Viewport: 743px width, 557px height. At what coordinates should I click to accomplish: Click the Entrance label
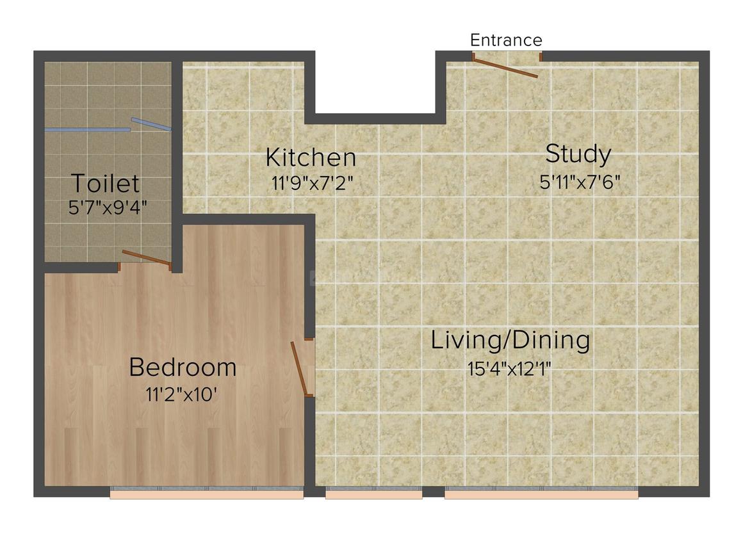(x=506, y=40)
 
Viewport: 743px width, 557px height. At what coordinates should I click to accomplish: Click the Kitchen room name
(x=311, y=157)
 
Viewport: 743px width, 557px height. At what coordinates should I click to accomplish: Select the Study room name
(x=578, y=154)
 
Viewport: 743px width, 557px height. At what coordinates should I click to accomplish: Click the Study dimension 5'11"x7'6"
(x=580, y=182)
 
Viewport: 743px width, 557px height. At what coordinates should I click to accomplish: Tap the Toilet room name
(x=105, y=184)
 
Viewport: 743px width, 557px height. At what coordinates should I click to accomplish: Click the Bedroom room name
(x=183, y=367)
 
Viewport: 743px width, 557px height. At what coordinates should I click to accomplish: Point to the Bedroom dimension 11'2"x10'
(x=182, y=394)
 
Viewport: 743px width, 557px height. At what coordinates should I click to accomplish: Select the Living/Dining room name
(x=510, y=340)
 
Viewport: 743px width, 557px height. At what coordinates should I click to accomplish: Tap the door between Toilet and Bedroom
(x=147, y=259)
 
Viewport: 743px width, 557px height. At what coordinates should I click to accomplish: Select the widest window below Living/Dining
(x=541, y=494)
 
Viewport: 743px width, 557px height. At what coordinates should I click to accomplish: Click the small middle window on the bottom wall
(x=373, y=494)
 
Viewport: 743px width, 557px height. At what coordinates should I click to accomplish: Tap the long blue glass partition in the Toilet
(x=87, y=130)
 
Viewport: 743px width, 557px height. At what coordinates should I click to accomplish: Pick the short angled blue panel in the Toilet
(x=151, y=124)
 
